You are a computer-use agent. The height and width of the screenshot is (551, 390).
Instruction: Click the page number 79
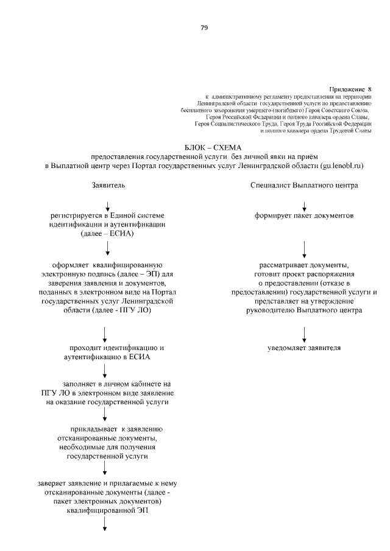[204, 27]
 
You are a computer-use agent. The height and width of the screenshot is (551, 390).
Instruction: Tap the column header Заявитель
[108, 185]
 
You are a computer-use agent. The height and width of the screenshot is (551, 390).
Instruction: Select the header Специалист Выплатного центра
[303, 185]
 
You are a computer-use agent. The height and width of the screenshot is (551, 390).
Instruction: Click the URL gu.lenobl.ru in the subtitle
[342, 165]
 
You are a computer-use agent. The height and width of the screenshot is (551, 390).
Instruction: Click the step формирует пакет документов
[304, 216]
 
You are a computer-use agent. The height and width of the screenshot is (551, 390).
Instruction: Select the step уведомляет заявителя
[304, 348]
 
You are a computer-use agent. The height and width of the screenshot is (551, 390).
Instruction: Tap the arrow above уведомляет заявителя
[304, 333]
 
